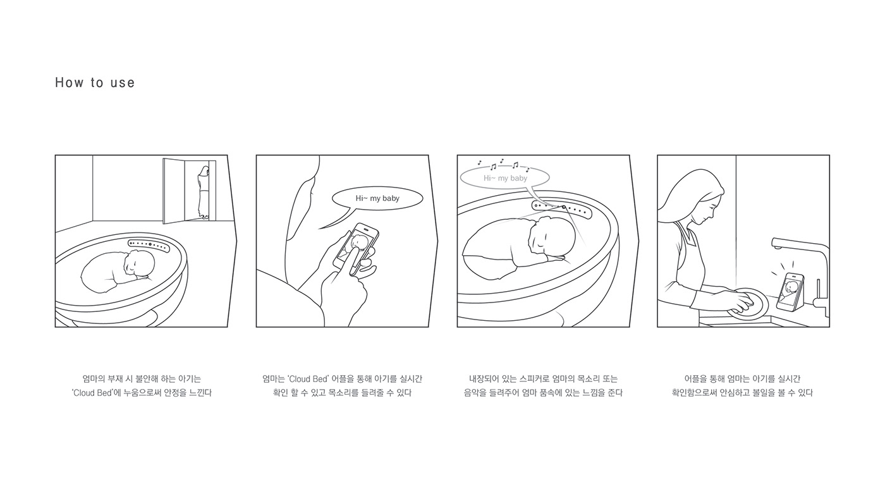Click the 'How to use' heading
tap(95, 83)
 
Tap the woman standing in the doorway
tap(204, 192)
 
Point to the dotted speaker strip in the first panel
tap(149, 245)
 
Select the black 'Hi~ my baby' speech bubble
tap(377, 198)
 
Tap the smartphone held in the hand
tap(355, 249)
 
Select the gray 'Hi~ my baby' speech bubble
tap(505, 178)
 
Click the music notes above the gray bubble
tap(503, 164)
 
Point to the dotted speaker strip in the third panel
tap(562, 209)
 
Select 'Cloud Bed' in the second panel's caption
tap(308, 379)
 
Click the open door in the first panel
tap(174, 191)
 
